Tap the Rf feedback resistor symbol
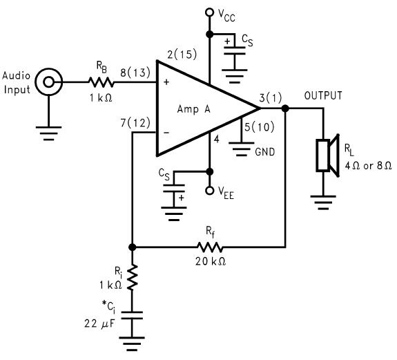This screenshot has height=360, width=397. point(209,247)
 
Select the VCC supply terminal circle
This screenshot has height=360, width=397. point(210,12)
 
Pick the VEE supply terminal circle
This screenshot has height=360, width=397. point(210,191)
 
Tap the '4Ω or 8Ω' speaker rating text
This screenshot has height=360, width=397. point(364,165)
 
